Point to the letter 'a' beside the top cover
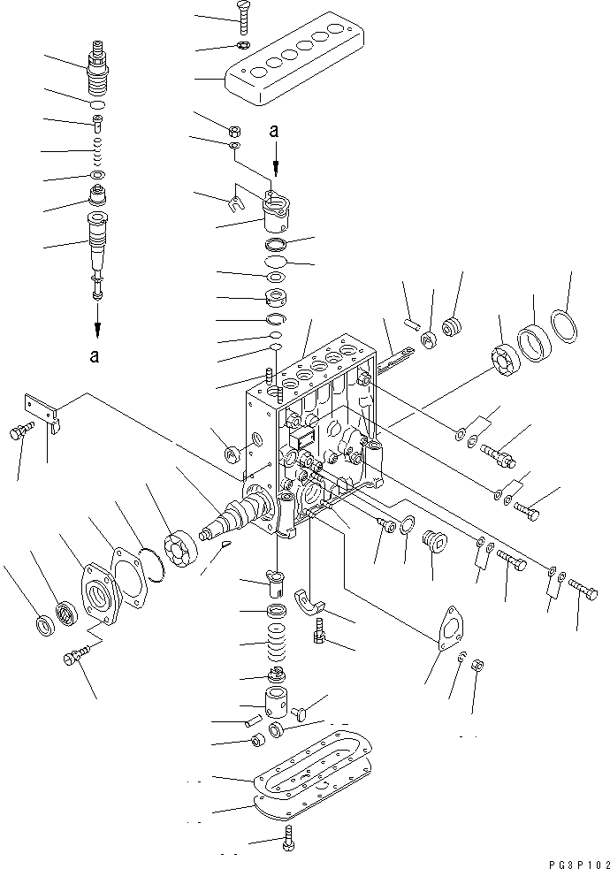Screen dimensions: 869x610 [274, 130]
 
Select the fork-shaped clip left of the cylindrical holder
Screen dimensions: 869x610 [235, 204]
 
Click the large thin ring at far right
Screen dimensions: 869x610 [566, 325]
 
